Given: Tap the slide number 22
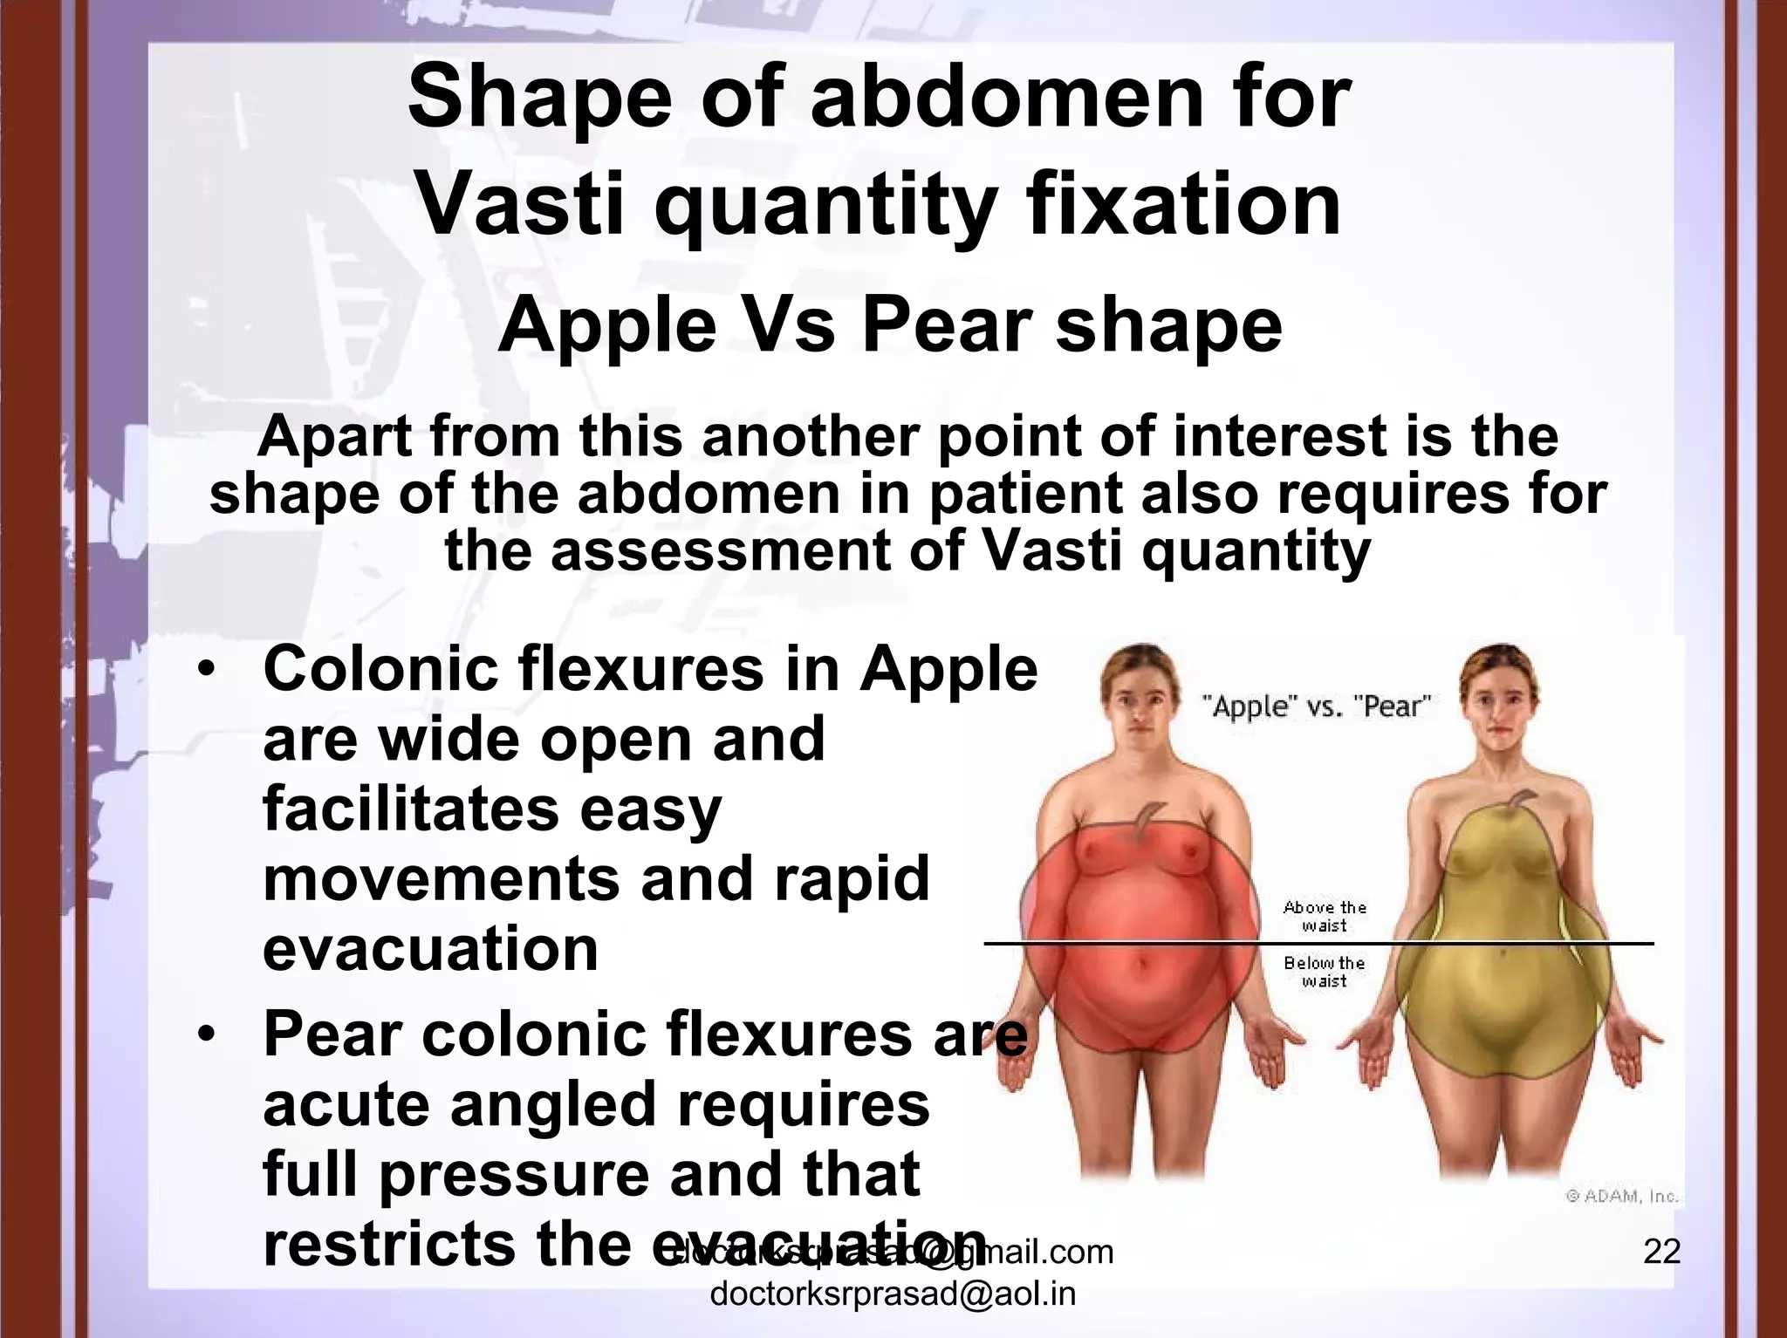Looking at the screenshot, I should coord(1661,1253).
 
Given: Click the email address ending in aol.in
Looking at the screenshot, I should coord(893,1294).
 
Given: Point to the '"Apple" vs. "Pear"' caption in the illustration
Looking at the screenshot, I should coord(1316,706).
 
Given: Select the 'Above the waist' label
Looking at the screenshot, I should coord(1325,916).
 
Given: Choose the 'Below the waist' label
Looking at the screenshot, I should coord(1325,972).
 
